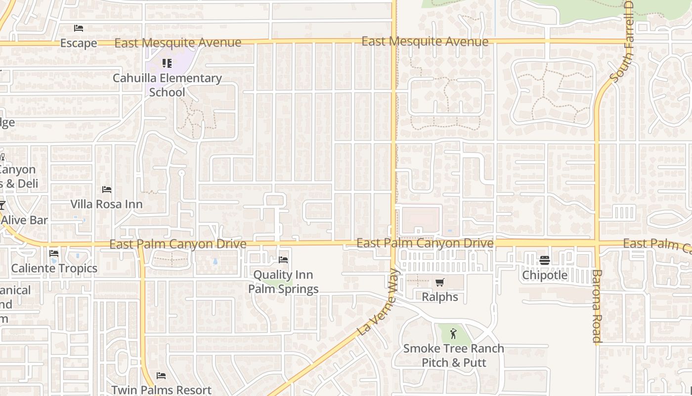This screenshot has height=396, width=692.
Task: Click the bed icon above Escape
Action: (x=79, y=28)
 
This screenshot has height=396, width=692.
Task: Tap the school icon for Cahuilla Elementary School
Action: (x=167, y=63)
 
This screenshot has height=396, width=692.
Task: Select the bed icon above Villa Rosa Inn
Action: (x=106, y=190)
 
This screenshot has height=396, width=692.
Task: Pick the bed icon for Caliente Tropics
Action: (x=54, y=253)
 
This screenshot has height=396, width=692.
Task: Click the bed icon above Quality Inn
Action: (x=283, y=259)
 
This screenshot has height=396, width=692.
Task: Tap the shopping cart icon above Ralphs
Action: (x=439, y=282)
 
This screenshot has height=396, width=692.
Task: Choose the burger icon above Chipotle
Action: (x=545, y=260)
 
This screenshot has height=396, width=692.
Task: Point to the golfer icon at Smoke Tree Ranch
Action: (x=453, y=334)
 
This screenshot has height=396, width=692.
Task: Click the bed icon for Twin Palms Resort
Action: (x=161, y=376)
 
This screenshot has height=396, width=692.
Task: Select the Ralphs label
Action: (x=440, y=297)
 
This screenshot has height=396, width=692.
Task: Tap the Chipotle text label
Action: (x=545, y=275)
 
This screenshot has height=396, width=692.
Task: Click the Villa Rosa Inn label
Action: (x=106, y=204)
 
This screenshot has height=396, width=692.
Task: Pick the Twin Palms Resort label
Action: (x=161, y=390)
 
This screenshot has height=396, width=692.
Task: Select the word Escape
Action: (x=79, y=44)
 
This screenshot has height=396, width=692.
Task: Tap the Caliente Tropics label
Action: (x=54, y=268)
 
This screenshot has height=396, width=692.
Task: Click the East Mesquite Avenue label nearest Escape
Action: (x=178, y=43)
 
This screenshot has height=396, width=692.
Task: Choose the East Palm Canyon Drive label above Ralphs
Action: (x=425, y=243)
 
